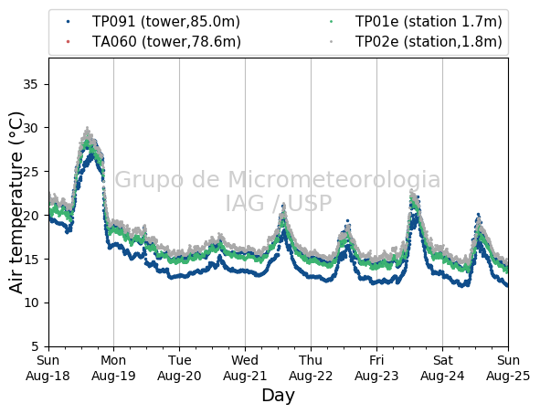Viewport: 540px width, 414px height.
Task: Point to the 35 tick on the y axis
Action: coord(30,84)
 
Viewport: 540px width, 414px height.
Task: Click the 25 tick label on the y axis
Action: coord(30,172)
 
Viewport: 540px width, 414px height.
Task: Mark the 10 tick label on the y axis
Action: coord(30,303)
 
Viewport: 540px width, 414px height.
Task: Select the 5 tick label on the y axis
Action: coord(35,346)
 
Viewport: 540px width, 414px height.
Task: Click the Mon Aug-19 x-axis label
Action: coord(113,367)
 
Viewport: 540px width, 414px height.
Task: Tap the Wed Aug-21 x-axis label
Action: coord(245,367)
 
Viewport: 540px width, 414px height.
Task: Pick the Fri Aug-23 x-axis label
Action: coord(376,367)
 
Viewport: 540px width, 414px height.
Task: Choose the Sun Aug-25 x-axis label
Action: coord(508,367)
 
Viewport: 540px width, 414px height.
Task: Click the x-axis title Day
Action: coord(279,396)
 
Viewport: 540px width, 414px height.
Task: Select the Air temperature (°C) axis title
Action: coord(16,203)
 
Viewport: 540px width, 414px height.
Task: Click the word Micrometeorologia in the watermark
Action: coord(334,179)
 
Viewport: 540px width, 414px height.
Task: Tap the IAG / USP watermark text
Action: coord(279,203)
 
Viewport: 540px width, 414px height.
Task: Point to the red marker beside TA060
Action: coord(68,42)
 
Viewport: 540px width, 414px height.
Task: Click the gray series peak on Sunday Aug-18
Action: coord(88,128)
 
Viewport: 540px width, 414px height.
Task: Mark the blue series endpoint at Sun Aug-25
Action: coord(507,285)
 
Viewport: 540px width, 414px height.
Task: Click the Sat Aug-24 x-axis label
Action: coord(442,367)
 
